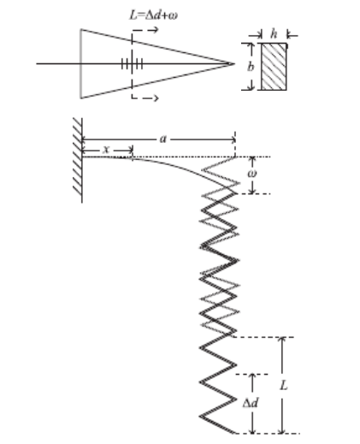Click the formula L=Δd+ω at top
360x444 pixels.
click(x=153, y=15)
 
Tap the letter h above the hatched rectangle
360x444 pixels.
click(x=274, y=33)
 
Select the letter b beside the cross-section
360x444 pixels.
click(x=251, y=67)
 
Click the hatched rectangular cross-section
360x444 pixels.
click(x=274, y=67)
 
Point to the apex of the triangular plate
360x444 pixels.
click(x=234, y=64)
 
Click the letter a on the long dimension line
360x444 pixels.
click(x=162, y=139)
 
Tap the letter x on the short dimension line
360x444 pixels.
click(x=106, y=149)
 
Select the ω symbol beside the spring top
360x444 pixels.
click(x=252, y=174)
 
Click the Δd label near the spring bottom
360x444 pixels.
click(x=251, y=403)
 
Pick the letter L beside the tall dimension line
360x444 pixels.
click(x=284, y=386)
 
